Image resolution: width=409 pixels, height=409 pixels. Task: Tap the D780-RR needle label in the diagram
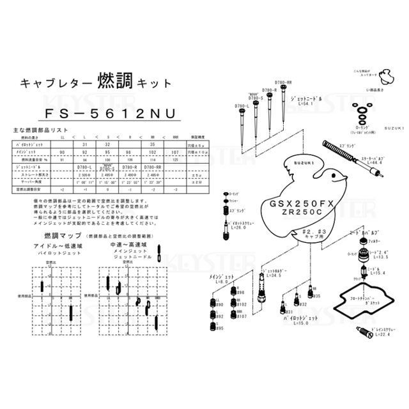point(284,83)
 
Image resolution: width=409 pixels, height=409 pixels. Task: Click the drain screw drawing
point(361,330)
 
